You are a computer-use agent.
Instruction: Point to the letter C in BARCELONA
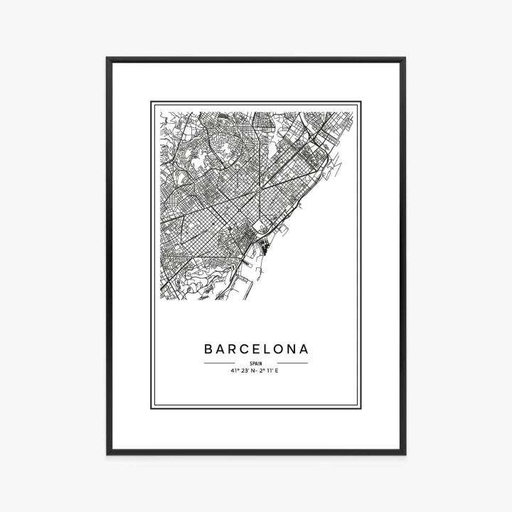pos(247,349)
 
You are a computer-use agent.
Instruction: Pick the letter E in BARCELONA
pos(260,349)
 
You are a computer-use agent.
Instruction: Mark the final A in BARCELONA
pos(306,349)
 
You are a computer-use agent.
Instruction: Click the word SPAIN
pos(256,363)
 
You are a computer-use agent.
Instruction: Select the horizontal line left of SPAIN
pos(219,363)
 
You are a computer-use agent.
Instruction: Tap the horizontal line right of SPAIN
pos(292,363)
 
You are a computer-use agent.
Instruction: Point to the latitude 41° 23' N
pos(242,370)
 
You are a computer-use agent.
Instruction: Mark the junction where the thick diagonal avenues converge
pos(259,191)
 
